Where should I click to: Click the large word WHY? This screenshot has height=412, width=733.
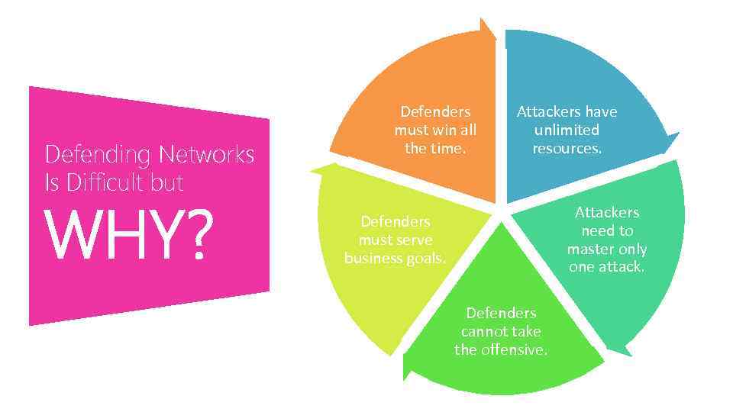coord(127,235)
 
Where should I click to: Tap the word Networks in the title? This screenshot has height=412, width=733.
coord(207,155)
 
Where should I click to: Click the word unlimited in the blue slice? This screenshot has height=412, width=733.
coord(567,130)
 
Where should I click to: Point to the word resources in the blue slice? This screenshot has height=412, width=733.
coord(566,148)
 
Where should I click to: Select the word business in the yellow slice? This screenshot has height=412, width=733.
coord(372,258)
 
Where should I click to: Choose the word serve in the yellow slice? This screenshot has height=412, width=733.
coord(414,240)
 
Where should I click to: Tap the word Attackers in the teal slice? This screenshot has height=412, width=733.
coord(607,212)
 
